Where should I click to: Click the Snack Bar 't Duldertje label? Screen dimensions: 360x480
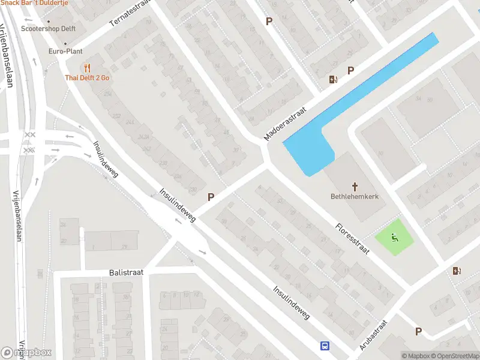[x=34, y=3]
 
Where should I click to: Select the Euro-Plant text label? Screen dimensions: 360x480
[x=65, y=52]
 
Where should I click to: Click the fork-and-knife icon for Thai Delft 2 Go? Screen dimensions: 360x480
[x=88, y=67]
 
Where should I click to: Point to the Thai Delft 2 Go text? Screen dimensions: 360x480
[x=88, y=78]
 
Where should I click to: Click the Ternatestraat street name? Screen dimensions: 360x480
[x=128, y=13]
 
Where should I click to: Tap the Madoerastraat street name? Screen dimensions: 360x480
[x=285, y=124]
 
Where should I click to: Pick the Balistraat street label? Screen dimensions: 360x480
[x=126, y=272]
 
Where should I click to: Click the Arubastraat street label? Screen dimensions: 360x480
[x=374, y=335]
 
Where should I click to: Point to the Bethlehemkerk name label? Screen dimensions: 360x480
[x=355, y=196]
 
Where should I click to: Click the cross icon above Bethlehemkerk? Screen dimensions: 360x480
[x=355, y=186]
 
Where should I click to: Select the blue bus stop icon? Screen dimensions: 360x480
[x=325, y=346]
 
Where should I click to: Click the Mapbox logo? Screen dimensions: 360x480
[x=26, y=353]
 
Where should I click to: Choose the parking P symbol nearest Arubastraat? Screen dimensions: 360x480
[x=418, y=331]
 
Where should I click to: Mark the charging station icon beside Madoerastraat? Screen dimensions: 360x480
[x=333, y=79]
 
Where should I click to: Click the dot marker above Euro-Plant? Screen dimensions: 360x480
[x=65, y=43]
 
